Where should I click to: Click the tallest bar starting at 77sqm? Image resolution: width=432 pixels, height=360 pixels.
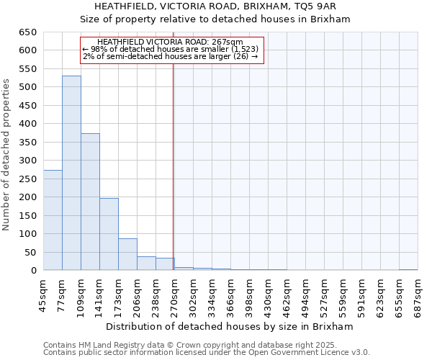[x=71, y=173]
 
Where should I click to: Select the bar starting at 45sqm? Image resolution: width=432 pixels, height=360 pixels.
[x=53, y=220]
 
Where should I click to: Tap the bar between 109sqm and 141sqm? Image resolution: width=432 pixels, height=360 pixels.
[x=90, y=202]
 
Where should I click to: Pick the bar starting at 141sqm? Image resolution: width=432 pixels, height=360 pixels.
[x=109, y=234]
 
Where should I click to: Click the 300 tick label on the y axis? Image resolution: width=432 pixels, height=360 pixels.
[x=28, y=161]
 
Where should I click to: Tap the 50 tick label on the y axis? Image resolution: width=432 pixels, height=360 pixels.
[x=31, y=253]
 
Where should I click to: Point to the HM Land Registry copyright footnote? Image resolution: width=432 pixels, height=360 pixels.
[x=205, y=345]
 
